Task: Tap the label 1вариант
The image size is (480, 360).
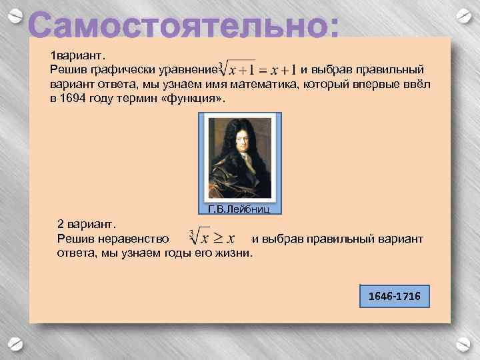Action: point(75,55)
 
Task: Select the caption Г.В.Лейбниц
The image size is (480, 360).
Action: point(239,209)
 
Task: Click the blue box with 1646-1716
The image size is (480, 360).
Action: point(394,295)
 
